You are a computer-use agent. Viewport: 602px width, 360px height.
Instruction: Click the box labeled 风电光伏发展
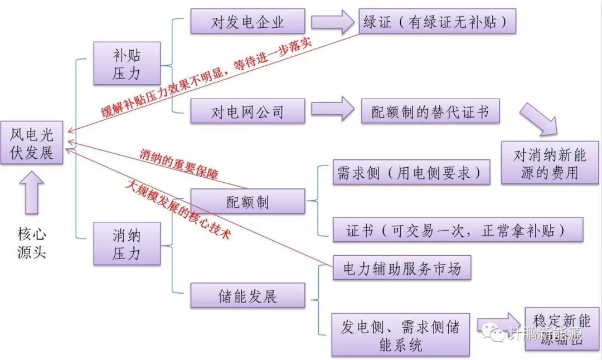tap(32, 143)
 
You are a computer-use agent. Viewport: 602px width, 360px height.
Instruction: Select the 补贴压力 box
tap(127, 64)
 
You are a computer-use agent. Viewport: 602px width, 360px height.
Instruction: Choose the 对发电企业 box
tap(247, 22)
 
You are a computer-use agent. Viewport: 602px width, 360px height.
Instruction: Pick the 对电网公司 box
tap(247, 111)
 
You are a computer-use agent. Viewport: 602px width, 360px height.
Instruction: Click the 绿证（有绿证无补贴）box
tap(436, 22)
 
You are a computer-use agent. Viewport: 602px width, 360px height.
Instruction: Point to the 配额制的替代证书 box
tap(430, 111)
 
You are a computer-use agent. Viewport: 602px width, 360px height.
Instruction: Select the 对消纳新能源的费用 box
tap(546, 162)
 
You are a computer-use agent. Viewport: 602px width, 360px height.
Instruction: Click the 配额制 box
tap(247, 201)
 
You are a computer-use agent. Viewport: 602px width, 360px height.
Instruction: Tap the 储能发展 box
tap(247, 295)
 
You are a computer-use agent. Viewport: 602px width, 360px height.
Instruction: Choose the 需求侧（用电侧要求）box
tap(411, 173)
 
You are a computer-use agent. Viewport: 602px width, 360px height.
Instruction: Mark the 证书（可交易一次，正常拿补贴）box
tap(458, 230)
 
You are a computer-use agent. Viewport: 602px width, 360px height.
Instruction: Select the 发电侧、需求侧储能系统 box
tap(400, 335)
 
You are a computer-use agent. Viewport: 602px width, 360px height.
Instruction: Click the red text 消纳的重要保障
tap(178, 164)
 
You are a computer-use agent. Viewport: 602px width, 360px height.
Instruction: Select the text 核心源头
tap(31, 244)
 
